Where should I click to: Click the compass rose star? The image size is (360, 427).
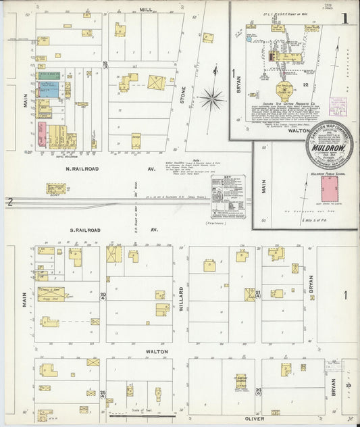click(x=212, y=100)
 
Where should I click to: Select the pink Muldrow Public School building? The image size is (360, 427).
click(x=330, y=189)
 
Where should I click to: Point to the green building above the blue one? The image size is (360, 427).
click(x=47, y=76)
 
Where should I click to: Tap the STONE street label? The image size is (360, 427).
click(x=182, y=99)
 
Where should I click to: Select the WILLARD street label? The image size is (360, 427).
click(x=181, y=298)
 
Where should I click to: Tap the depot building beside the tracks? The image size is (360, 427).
click(x=55, y=189)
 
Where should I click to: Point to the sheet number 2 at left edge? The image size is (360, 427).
click(x=9, y=201)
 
